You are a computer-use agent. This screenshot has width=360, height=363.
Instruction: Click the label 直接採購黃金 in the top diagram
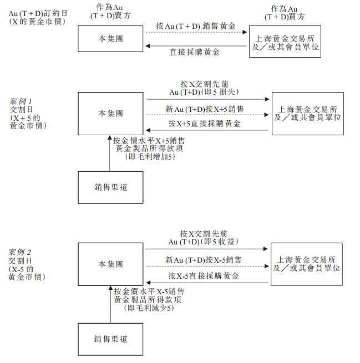pos(194,52)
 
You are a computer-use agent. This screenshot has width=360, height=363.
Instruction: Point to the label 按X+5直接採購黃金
pos(204,124)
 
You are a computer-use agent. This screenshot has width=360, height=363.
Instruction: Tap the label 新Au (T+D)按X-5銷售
pos(204,260)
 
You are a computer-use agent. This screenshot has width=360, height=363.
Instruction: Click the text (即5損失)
pos(220,92)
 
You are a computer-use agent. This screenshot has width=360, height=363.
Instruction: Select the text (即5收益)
pos(219,242)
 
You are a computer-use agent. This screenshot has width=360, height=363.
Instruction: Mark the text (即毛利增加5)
pos(150,157)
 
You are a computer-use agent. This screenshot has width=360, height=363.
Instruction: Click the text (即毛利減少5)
pos(149,308)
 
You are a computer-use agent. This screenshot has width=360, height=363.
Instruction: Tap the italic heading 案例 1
pos(21,101)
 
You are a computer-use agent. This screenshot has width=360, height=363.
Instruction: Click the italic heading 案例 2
pos(19,252)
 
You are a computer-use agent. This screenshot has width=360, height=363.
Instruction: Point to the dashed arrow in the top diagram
pos(196,32)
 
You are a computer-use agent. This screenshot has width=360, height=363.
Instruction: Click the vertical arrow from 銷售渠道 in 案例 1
pos(110,154)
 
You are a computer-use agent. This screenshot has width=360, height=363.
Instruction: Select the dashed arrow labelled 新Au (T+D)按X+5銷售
pos(207,115)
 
